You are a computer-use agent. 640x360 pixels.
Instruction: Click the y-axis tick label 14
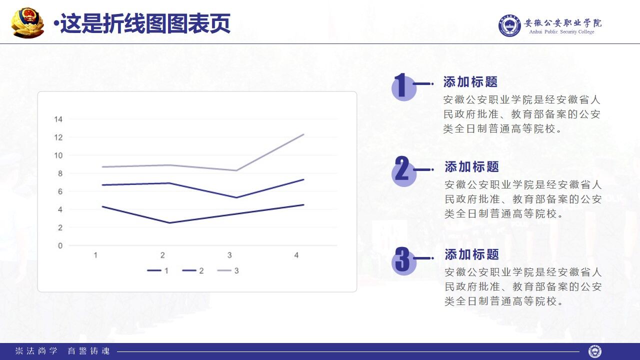coord(58,119)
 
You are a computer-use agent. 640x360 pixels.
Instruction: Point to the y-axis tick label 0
coord(60,245)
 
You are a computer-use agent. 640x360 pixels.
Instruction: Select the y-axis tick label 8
coord(60,173)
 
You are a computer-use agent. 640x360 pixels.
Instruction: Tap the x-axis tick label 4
coord(296,255)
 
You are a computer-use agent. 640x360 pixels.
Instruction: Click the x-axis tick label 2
coord(162,255)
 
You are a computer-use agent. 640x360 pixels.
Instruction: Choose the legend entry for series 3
coord(228,270)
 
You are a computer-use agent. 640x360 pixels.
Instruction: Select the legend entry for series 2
coord(193,270)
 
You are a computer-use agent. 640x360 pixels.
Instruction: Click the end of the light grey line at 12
coord(303,134)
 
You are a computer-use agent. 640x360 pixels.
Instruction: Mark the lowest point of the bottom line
coord(169,223)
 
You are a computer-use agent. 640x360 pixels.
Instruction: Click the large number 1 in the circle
coord(401,86)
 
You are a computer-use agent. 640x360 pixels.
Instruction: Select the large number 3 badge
coord(402,260)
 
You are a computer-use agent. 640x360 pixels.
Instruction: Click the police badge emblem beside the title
coord(28,22)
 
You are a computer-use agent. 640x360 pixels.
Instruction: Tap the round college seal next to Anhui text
coord(509,25)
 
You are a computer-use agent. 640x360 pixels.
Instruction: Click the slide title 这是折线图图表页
coord(145,23)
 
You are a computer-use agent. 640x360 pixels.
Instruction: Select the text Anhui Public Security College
coord(562,32)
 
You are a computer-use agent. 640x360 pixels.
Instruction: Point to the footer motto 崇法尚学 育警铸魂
coord(62,351)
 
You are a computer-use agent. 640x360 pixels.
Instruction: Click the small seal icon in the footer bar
coord(594,351)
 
